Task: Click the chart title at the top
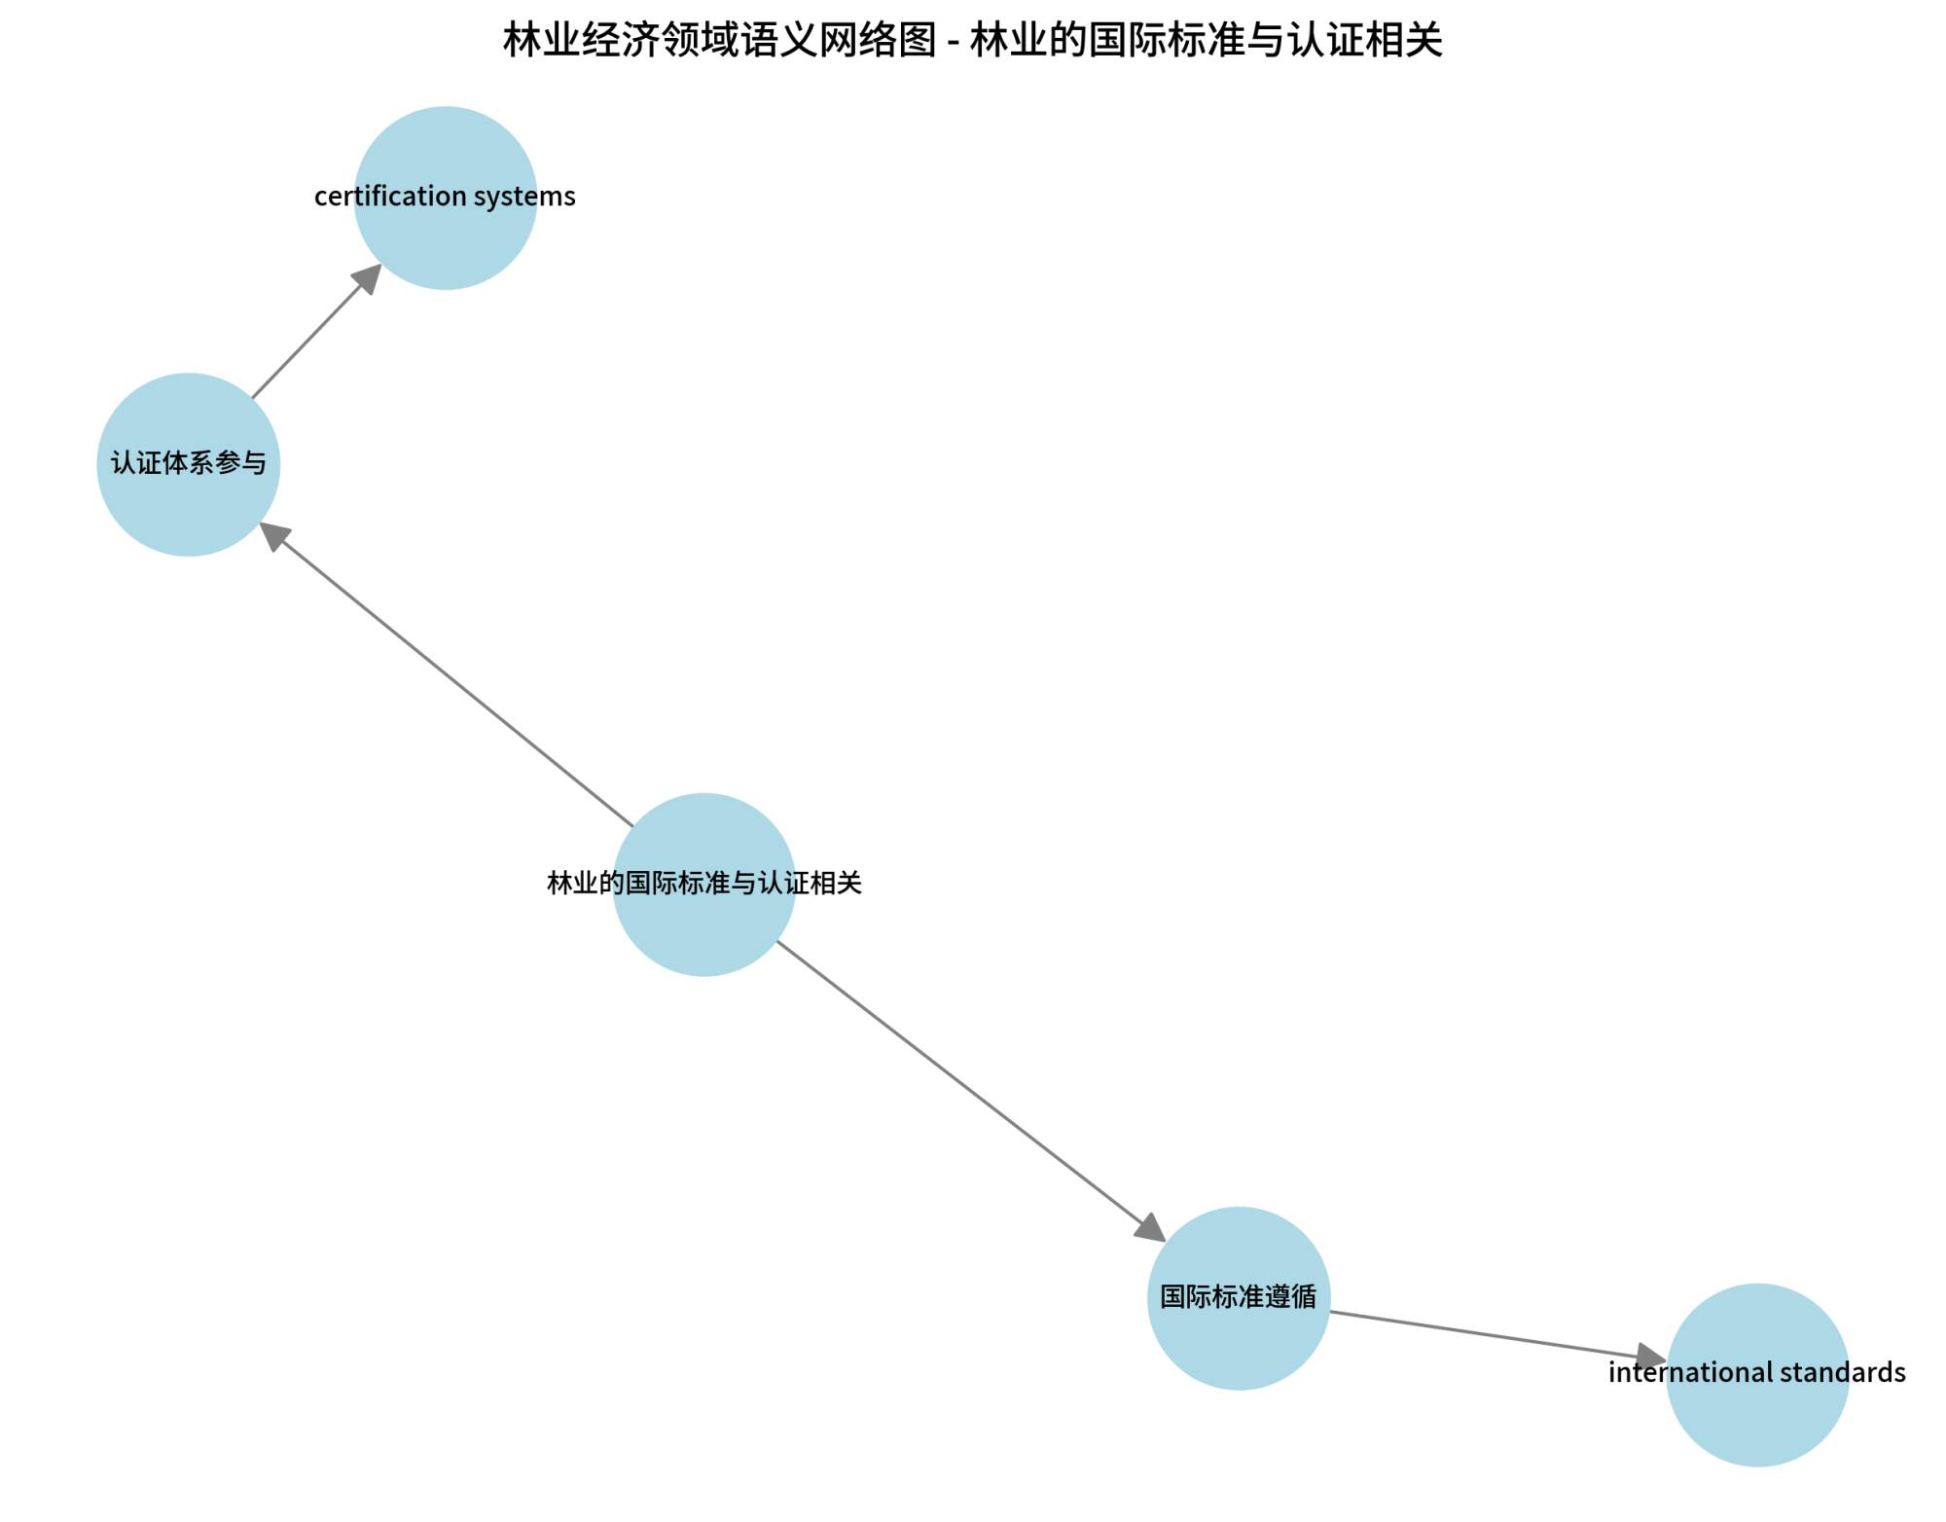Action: click(x=972, y=41)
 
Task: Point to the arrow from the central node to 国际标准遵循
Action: click(x=963, y=1085)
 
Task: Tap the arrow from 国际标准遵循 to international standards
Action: click(x=1489, y=1334)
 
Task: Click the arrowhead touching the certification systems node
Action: click(x=368, y=278)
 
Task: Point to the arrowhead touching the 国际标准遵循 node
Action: click(x=1150, y=1227)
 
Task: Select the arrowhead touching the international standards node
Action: click(x=1651, y=1357)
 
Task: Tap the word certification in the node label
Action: click(x=394, y=197)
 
